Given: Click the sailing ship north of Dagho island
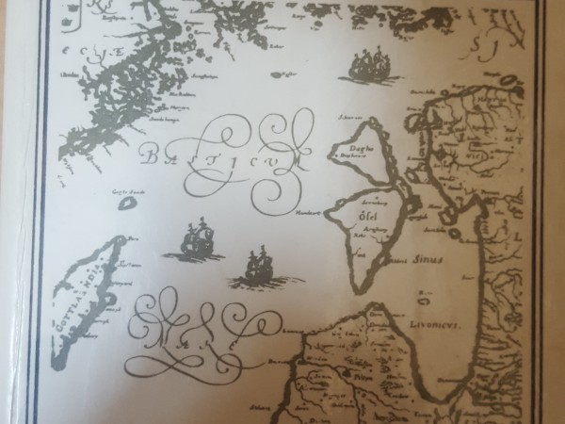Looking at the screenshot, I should [368, 67].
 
